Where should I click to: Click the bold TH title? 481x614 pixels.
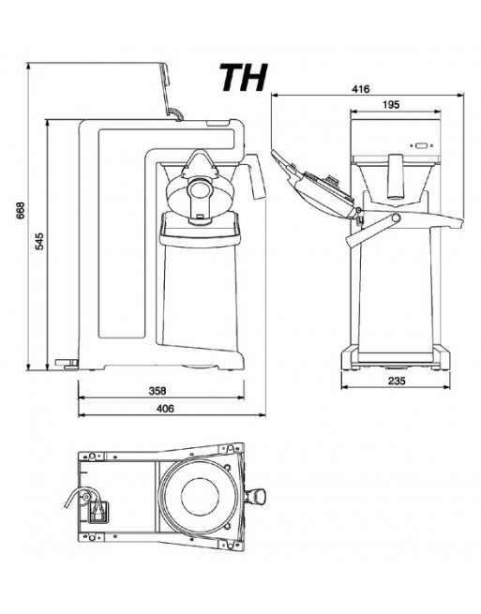pyautogui.click(x=244, y=78)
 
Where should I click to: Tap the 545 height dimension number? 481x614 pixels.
pyautogui.click(x=39, y=242)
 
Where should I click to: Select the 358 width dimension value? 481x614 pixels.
pyautogui.click(x=158, y=390)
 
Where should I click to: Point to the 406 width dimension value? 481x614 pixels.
pyautogui.click(x=165, y=409)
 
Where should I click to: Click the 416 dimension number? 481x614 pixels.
pyautogui.click(x=360, y=89)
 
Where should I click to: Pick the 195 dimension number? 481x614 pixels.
pyautogui.click(x=391, y=105)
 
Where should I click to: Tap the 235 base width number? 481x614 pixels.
pyautogui.click(x=397, y=380)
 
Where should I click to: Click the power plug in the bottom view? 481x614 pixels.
pyautogui.click(x=96, y=512)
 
